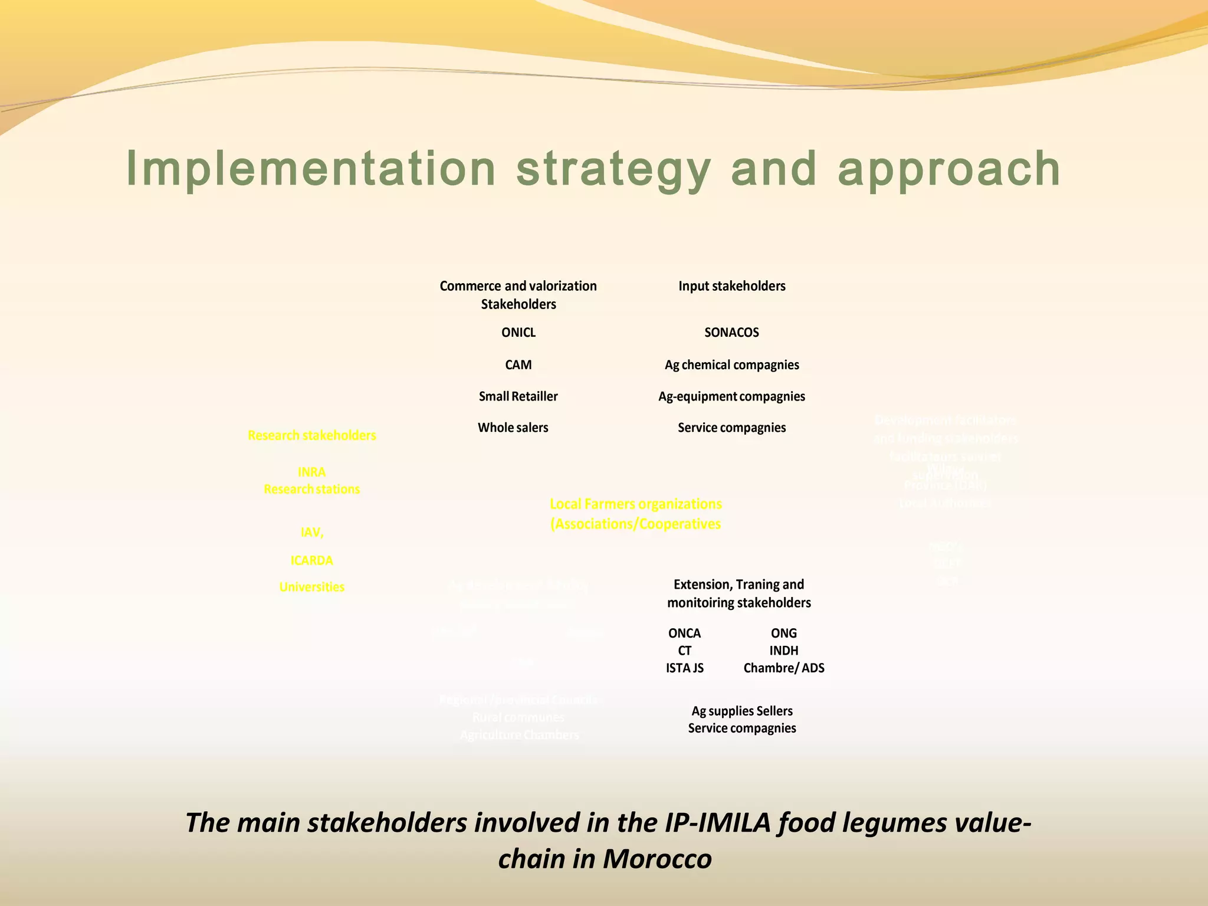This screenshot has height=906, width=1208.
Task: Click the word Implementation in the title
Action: point(311,169)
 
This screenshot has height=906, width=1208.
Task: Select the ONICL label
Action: point(518,333)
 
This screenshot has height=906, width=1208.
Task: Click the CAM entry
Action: point(518,365)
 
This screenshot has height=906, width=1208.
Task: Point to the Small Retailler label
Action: point(518,396)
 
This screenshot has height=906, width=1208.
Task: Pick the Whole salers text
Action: point(513,428)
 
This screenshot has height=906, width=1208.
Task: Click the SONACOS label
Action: point(731,333)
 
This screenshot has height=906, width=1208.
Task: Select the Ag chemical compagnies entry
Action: point(731,365)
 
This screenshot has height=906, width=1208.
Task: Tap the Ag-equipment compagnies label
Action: point(731,396)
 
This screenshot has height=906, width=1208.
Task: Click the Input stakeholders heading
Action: point(731,286)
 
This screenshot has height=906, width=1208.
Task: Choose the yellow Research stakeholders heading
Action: point(311,435)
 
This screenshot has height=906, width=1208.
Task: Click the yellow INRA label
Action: point(311,472)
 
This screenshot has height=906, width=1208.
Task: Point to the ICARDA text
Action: point(311,560)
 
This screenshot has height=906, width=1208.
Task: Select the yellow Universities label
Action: point(311,587)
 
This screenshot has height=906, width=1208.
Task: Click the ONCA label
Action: point(684,633)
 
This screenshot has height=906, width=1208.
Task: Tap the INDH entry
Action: point(783,651)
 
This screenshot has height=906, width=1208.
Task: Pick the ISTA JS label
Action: point(684,668)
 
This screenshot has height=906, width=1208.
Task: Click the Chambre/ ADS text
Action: point(783,668)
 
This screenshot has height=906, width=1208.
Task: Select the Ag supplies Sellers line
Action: point(741,711)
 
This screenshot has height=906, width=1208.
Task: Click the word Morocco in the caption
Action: point(657,859)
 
